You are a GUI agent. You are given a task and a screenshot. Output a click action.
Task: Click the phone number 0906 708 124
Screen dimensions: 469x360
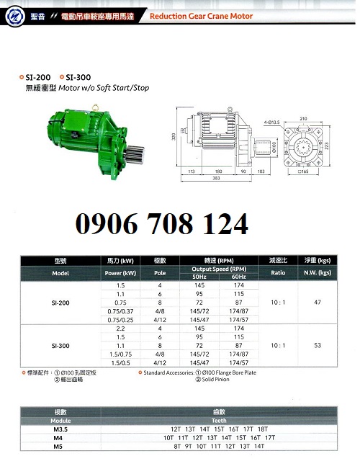[162, 224]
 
